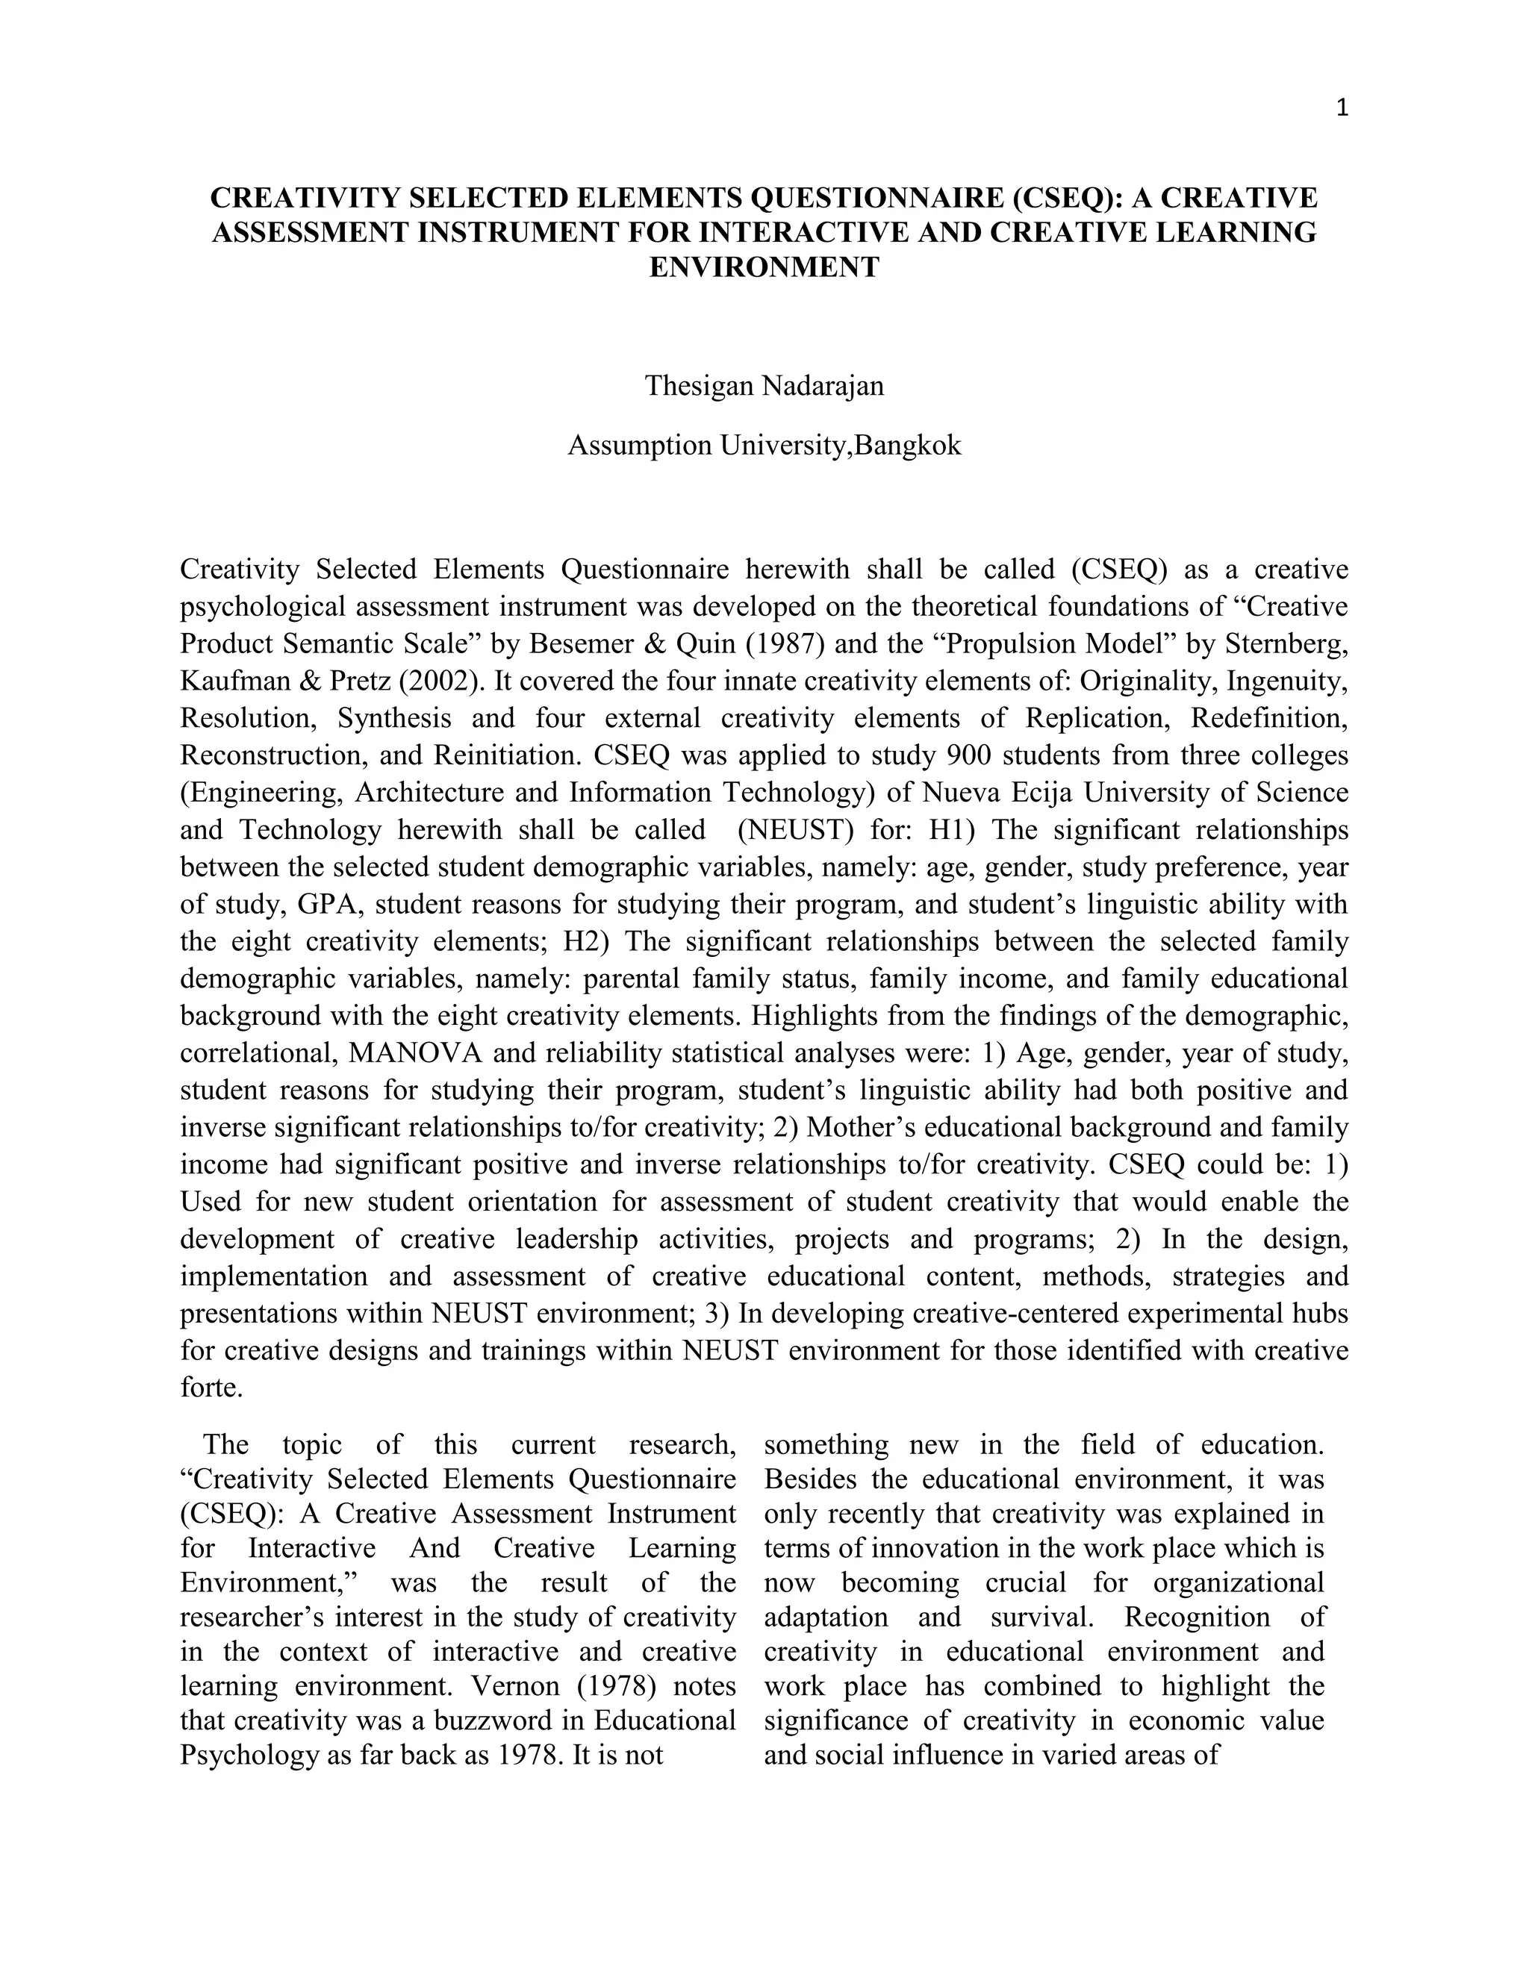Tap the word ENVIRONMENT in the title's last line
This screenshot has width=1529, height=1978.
click(764, 267)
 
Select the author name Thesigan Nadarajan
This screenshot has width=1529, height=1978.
click(764, 386)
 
